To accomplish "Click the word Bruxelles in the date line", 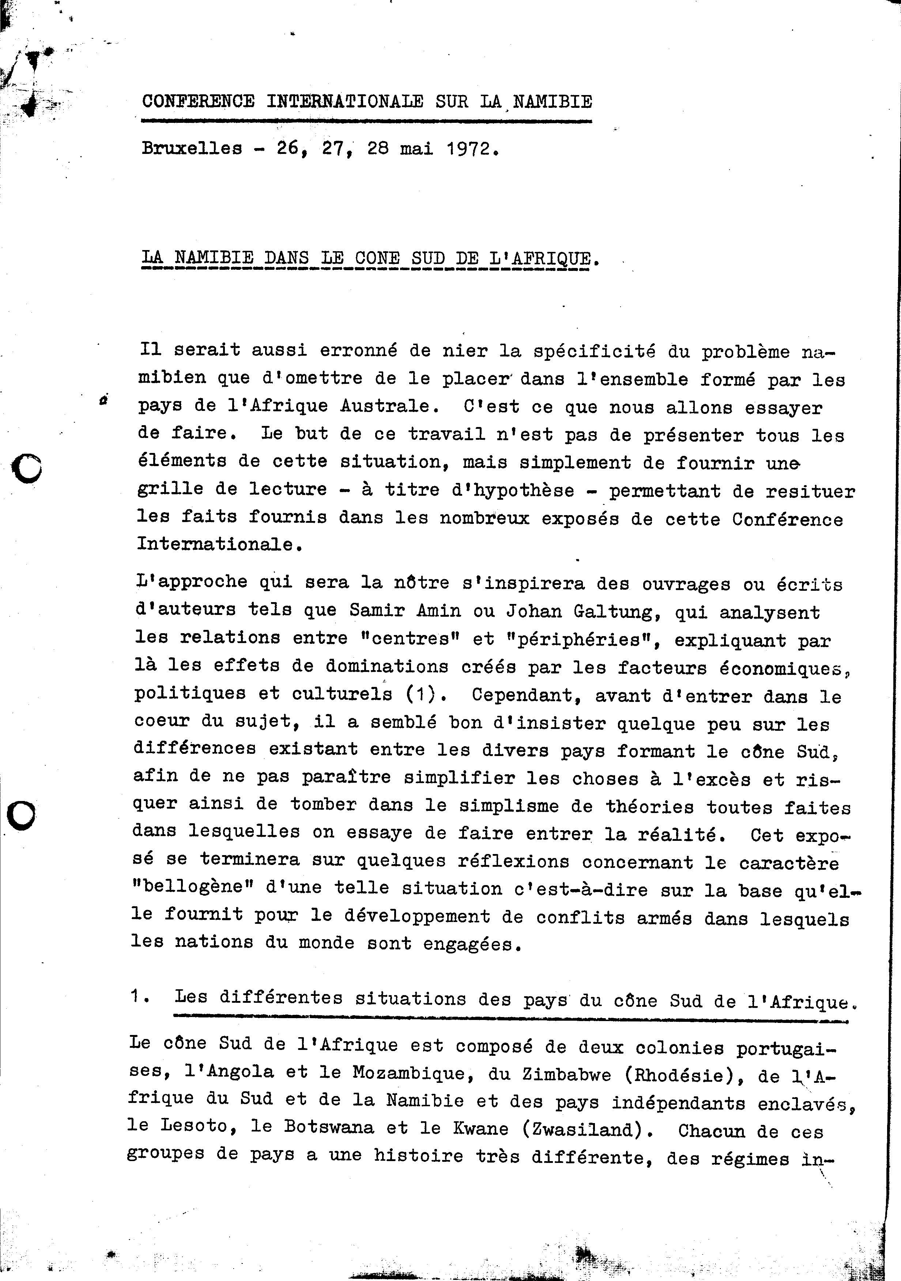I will coord(192,149).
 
